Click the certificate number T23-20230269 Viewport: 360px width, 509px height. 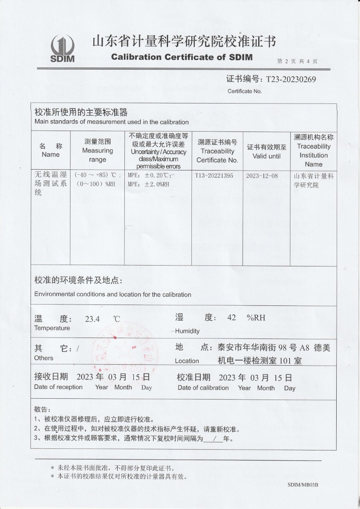pyautogui.click(x=291, y=79)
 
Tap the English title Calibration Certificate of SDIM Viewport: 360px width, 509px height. pyautogui.click(x=182, y=57)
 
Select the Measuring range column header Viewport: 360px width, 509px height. pyautogui.click(x=98, y=151)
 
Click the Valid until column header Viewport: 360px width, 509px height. pyautogui.click(x=267, y=152)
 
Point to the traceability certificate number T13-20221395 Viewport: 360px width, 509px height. pyautogui.click(x=214, y=176)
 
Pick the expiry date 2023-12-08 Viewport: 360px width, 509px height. pyautogui.click(x=262, y=176)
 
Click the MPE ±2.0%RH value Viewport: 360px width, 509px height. pyautogui.click(x=149, y=184)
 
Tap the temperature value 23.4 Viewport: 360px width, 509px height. pyautogui.click(x=92, y=319)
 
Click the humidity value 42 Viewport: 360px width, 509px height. pyautogui.click(x=231, y=318)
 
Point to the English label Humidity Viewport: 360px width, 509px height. pyautogui.click(x=187, y=331)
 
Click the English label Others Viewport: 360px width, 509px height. pyautogui.click(x=44, y=358)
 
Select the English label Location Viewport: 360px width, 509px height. pyautogui.click(x=187, y=361)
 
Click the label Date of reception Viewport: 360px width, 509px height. pyautogui.click(x=58, y=387)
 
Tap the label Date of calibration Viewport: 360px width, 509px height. pyautogui.click(x=203, y=388)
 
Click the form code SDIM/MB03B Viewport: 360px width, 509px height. pyautogui.click(x=303, y=484)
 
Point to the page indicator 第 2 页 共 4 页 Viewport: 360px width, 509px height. pyautogui.click(x=297, y=61)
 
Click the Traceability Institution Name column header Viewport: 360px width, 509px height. pyautogui.click(x=313, y=151)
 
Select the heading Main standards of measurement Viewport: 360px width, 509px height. pyautogui.click(x=111, y=122)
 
